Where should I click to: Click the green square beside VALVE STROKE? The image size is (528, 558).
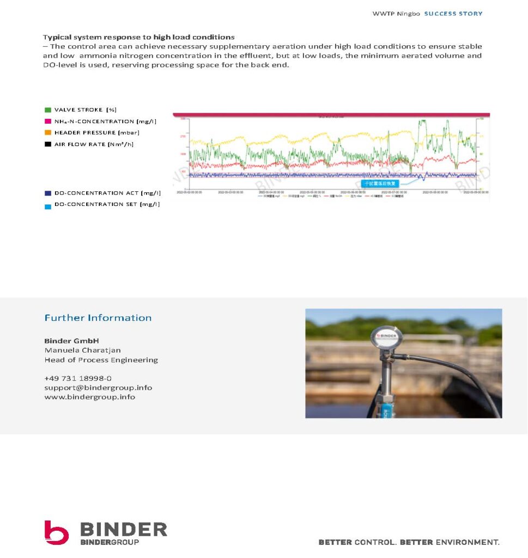[48, 110]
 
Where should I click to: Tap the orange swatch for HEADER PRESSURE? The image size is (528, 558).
[48, 133]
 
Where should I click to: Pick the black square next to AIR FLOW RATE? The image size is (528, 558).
[48, 144]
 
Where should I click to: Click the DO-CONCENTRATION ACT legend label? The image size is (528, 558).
[107, 193]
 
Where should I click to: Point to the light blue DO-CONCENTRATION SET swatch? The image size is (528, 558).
[48, 207]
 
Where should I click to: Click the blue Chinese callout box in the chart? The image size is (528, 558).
[380, 184]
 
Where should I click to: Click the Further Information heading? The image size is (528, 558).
[98, 318]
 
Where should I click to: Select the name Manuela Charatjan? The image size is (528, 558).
[83, 350]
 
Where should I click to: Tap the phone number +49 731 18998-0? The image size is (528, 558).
[78, 378]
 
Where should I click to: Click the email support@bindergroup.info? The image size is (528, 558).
[98, 387]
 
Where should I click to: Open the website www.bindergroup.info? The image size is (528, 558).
[90, 397]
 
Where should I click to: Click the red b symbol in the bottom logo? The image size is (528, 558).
[56, 532]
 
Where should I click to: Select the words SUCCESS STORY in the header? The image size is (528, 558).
[453, 14]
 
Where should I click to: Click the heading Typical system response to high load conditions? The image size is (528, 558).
[139, 37]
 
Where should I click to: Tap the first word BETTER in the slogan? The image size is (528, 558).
[335, 542]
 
